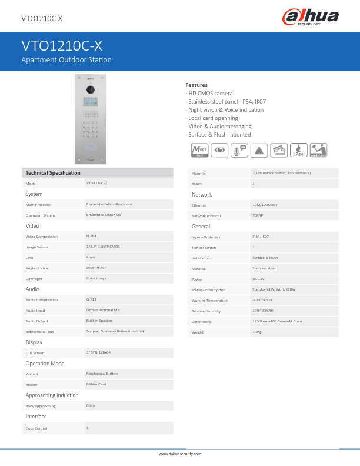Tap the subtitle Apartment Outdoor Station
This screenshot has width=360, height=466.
66,60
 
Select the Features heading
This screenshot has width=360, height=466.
196,85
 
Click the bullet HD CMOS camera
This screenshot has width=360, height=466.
210,93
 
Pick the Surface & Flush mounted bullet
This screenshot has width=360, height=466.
219,134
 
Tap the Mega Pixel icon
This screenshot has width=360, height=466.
200,150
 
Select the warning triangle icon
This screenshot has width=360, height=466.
258,150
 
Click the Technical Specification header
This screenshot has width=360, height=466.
53,172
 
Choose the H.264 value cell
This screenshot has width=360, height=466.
92,236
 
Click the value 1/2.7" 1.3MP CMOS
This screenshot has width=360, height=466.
103,247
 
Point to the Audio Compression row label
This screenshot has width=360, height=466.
42,300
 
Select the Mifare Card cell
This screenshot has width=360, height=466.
96,384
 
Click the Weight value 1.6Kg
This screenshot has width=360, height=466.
257,332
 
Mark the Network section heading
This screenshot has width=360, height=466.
202,195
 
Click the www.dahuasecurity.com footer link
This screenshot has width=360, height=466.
180,454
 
